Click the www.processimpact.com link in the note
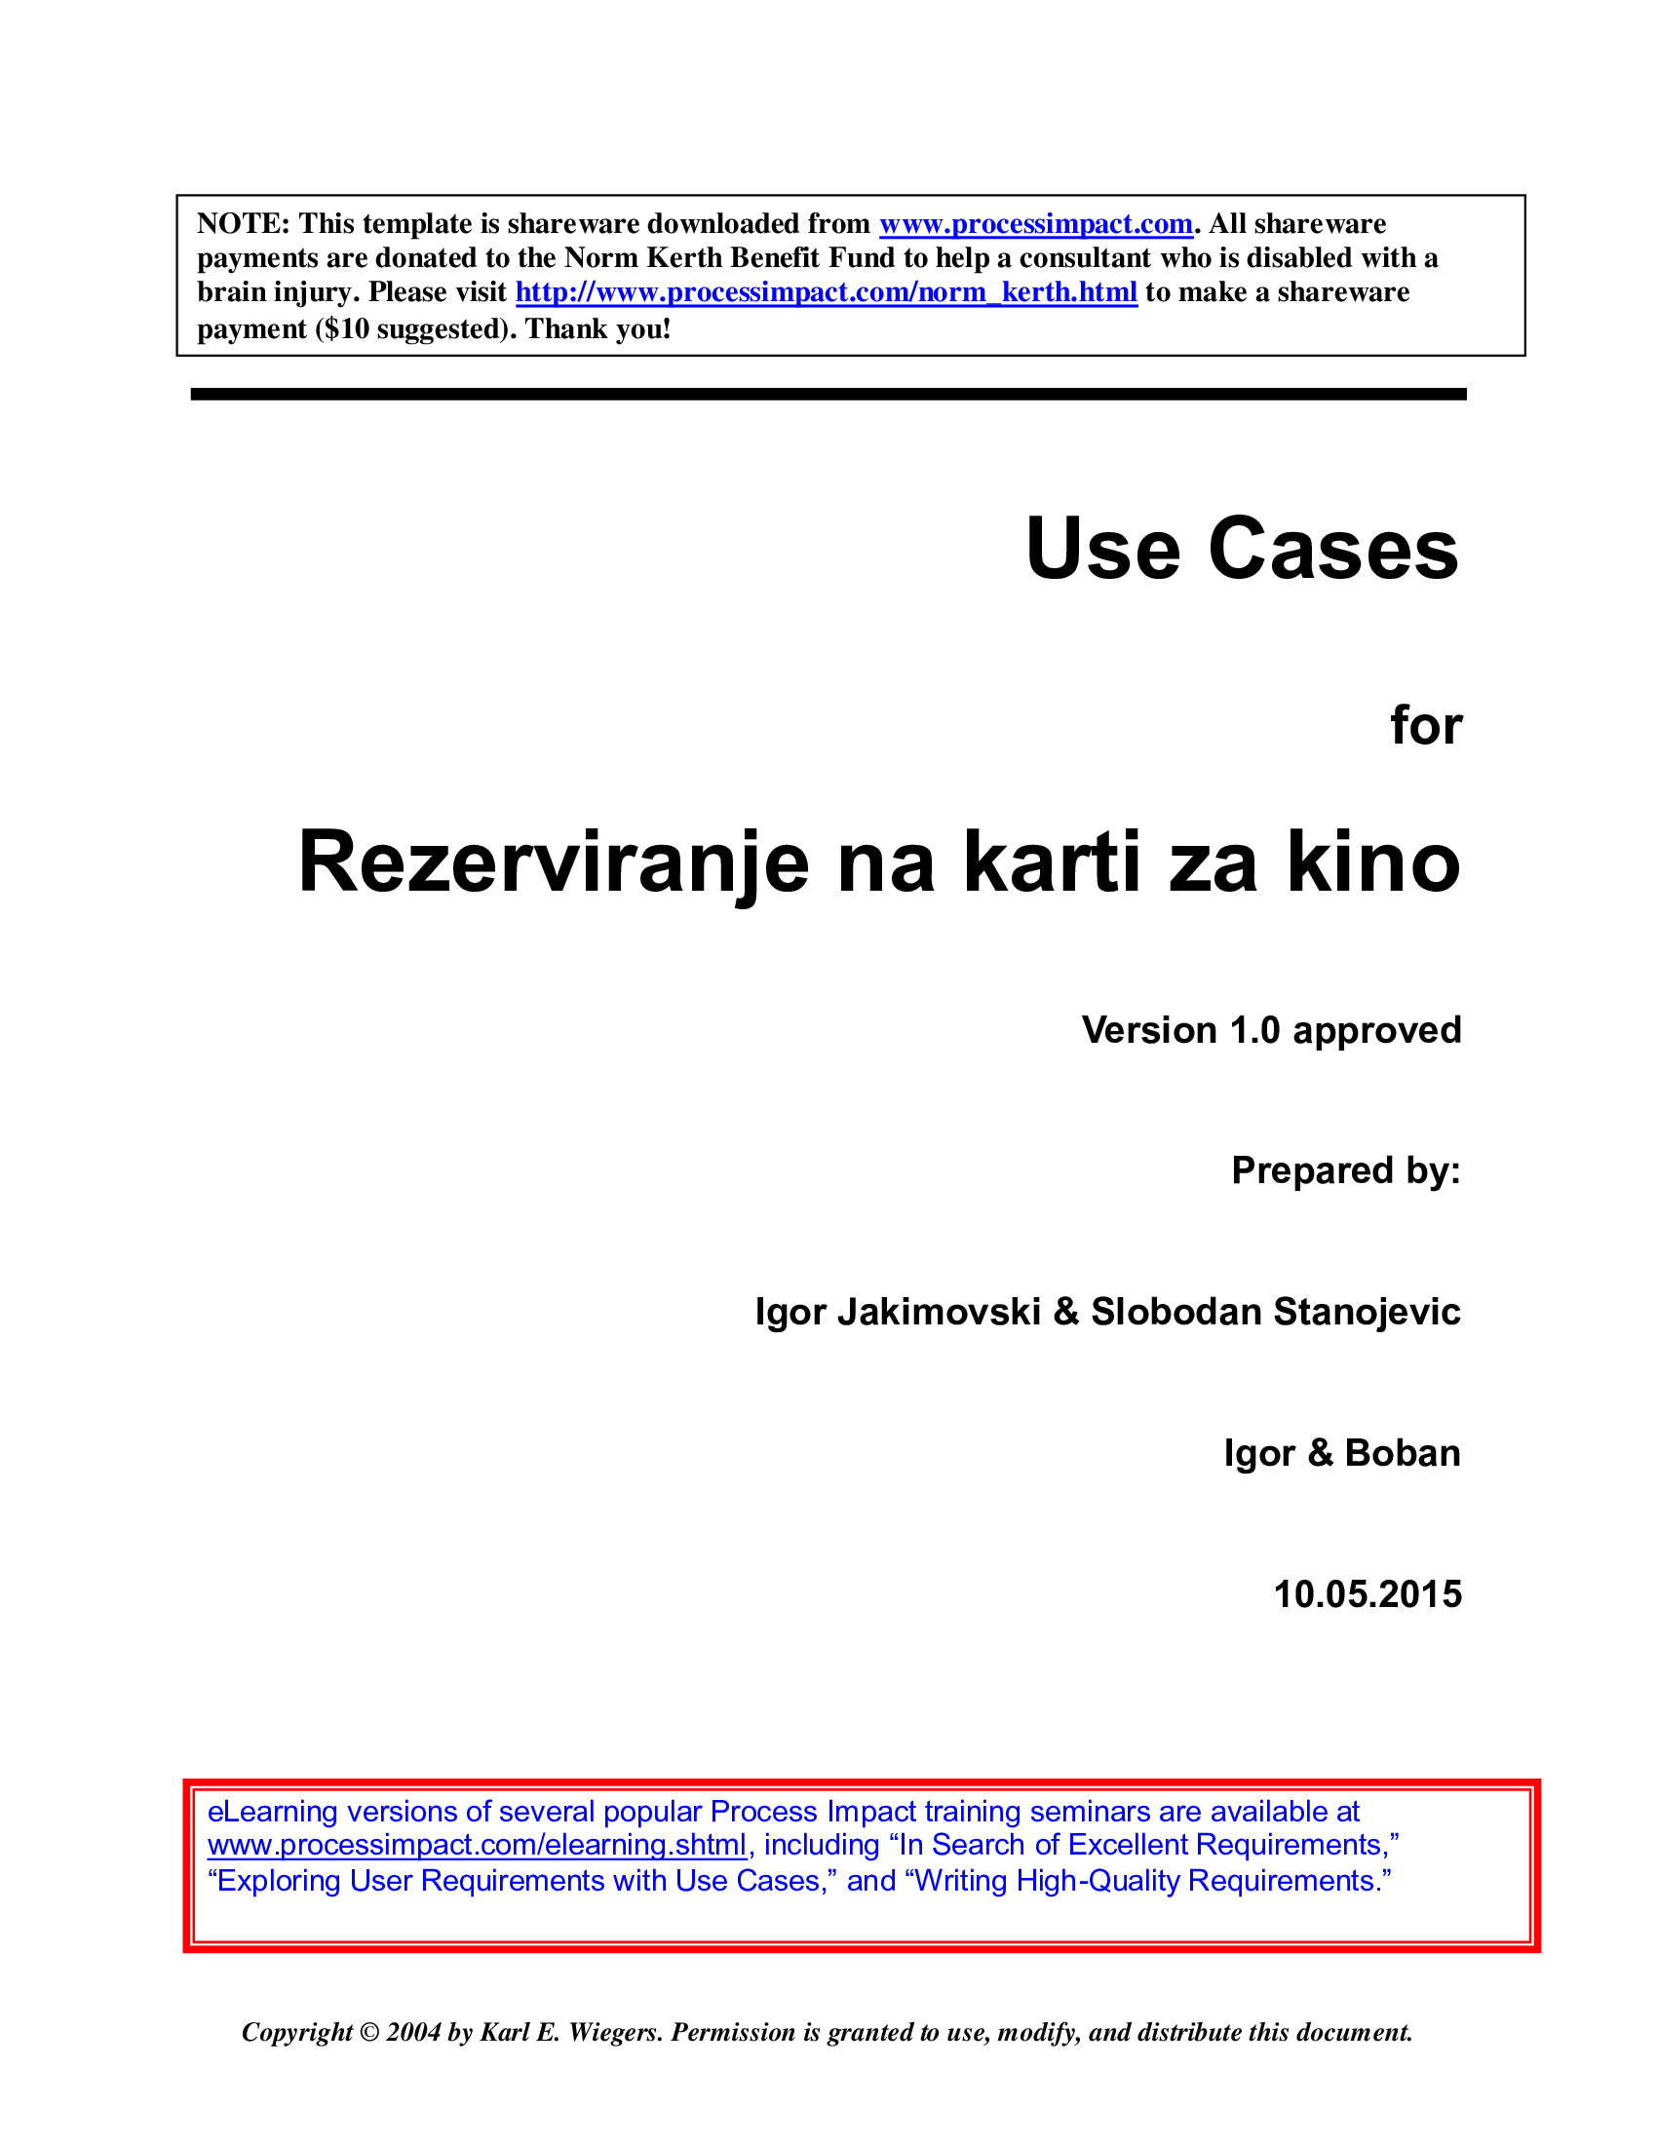pos(1035,224)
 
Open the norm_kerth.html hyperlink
pos(826,292)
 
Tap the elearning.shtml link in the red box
pos(477,1845)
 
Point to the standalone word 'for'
pos(1425,726)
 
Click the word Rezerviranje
pos(554,862)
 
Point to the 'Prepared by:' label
pos(1346,1171)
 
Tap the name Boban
pos(1402,1453)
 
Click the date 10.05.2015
pos(1368,1594)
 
